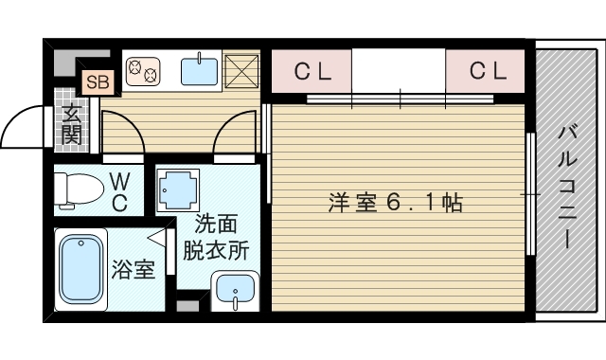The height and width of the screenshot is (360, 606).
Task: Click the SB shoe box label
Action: pyautogui.click(x=98, y=82)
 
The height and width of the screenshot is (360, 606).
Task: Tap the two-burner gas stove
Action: pyautogui.click(x=143, y=71)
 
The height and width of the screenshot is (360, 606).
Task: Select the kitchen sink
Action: pyautogui.click(x=199, y=70)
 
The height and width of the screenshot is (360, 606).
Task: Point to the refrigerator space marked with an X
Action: pyautogui.click(x=241, y=70)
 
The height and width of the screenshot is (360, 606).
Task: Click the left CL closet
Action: pyautogui.click(x=312, y=71)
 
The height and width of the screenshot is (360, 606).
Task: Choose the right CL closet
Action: pyautogui.click(x=485, y=71)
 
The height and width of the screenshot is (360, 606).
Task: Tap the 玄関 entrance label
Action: pyautogui.click(x=72, y=125)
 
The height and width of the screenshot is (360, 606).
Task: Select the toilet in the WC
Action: pyautogui.click(x=79, y=189)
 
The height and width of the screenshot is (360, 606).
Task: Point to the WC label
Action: pyautogui.click(x=119, y=192)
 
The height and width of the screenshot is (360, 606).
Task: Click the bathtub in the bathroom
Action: pyautogui.click(x=80, y=269)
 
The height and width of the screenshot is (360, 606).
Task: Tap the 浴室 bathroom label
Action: pyautogui.click(x=134, y=269)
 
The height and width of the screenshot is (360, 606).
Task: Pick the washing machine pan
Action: pyautogui.click(x=178, y=189)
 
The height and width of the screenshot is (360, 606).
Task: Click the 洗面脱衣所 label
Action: pyautogui.click(x=216, y=237)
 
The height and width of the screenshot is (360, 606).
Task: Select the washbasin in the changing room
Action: pyautogui.click(x=235, y=291)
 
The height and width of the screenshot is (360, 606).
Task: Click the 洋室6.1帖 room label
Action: pyautogui.click(x=396, y=203)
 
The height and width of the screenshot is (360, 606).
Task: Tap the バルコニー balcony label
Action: pyautogui.click(x=566, y=187)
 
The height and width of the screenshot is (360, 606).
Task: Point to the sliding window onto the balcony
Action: pyautogui.click(x=530, y=193)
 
